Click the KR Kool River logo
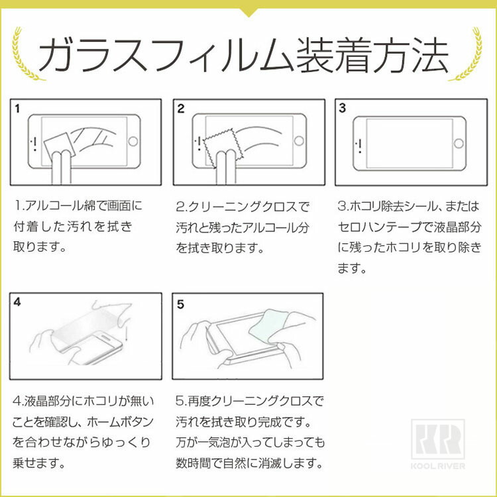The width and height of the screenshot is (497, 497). coord(438,444)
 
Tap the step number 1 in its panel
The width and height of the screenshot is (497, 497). coord(17,109)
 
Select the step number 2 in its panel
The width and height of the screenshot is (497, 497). coord(181,109)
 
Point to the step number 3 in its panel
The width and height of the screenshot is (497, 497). coord(342,108)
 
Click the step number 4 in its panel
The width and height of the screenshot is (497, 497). coord(17,302)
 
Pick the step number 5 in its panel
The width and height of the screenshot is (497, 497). coord(180,304)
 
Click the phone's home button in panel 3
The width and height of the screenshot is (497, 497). coord(459,143)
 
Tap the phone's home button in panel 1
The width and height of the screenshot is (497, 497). coord(133,141)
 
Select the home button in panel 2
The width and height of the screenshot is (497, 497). coord(299,140)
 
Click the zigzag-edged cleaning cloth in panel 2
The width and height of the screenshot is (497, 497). coord(223,147)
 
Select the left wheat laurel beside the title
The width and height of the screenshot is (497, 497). coord(25,54)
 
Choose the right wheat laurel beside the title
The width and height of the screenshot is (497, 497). coord(467,54)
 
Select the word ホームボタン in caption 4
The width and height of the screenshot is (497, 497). coord(120,422)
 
